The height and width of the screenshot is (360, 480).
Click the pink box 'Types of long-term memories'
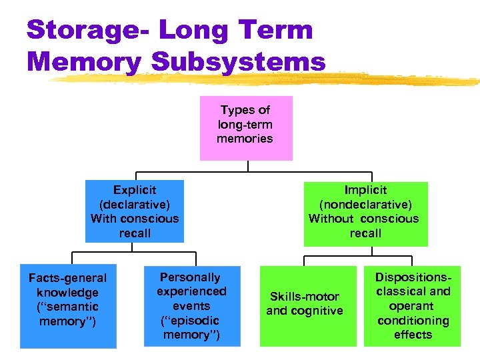[246, 129]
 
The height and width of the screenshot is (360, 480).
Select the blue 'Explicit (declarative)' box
[134, 211]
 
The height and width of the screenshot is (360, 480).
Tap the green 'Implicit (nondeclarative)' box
[365, 211]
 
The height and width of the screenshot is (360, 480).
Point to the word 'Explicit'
[134, 190]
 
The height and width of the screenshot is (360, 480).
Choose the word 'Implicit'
[365, 190]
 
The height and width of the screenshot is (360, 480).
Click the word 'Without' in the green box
[331, 219]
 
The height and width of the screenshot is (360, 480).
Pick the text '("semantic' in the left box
[68, 307]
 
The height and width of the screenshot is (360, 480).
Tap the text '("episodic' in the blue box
[191, 320]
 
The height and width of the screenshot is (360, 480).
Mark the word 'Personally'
[190, 277]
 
